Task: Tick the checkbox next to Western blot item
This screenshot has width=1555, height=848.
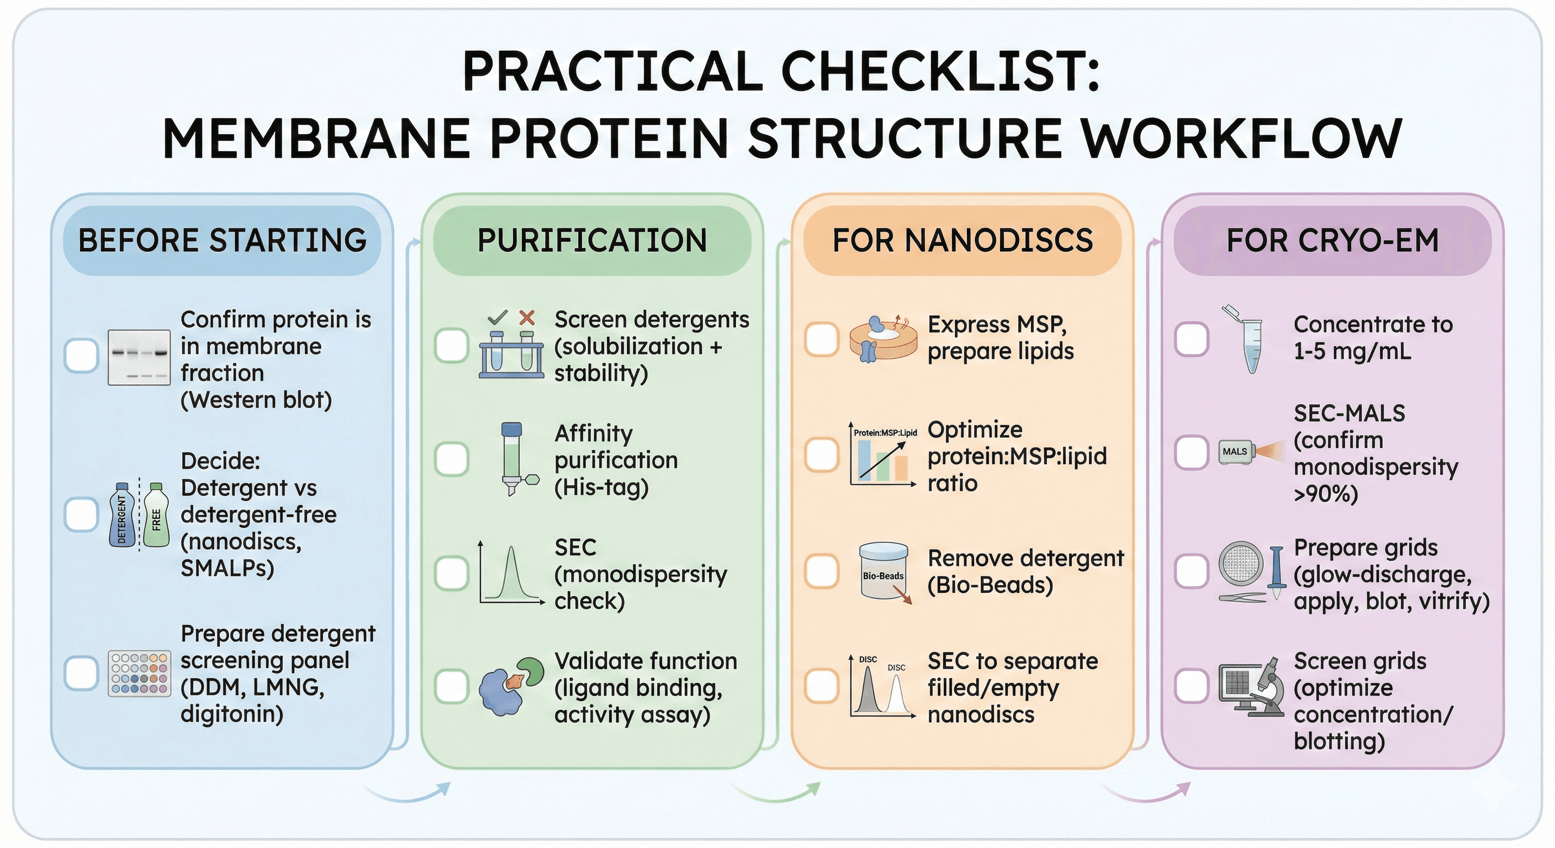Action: (x=81, y=355)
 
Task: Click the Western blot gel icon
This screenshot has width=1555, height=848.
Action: (x=139, y=357)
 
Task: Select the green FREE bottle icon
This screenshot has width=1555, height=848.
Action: (x=156, y=515)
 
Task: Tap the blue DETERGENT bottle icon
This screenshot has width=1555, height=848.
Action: (x=123, y=515)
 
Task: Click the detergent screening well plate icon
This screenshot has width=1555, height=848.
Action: (x=139, y=674)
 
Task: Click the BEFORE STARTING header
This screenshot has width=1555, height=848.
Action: (x=222, y=240)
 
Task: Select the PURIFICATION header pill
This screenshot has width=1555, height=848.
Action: (x=592, y=240)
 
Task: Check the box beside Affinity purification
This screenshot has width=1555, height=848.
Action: (x=452, y=459)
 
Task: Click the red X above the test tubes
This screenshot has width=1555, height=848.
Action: (x=527, y=317)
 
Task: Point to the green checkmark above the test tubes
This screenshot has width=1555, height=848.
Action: (x=498, y=317)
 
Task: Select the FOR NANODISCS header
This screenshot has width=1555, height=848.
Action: (x=962, y=240)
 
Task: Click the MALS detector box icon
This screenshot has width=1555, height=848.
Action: (x=1236, y=452)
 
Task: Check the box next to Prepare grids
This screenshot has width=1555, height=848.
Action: (x=1192, y=571)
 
